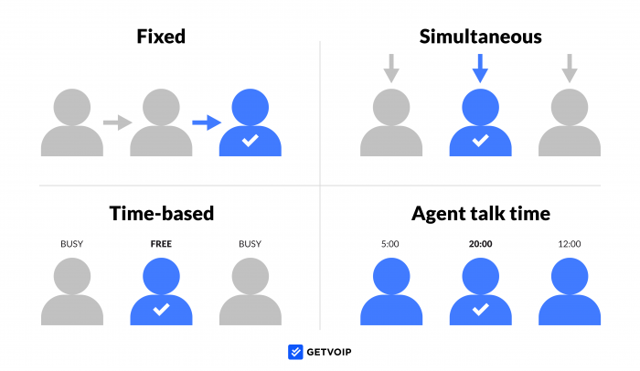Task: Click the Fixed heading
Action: click(161, 37)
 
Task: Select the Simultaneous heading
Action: click(480, 37)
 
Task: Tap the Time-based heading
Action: click(162, 213)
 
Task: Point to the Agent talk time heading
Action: click(481, 214)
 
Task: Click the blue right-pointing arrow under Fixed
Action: click(207, 122)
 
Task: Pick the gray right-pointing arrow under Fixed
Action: click(118, 122)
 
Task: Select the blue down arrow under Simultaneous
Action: click(480, 69)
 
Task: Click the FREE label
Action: click(161, 244)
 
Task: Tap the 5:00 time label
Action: click(390, 244)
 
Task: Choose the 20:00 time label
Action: click(480, 244)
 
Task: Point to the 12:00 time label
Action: click(570, 244)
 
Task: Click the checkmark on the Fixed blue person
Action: click(251, 141)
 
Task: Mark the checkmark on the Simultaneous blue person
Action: click(480, 141)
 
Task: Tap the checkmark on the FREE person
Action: click(161, 310)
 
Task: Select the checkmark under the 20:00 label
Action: click(480, 310)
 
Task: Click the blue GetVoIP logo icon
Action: click(295, 352)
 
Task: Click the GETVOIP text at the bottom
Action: click(329, 352)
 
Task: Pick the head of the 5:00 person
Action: click(391, 276)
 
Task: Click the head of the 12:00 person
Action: click(570, 276)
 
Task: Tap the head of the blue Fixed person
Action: click(251, 107)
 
